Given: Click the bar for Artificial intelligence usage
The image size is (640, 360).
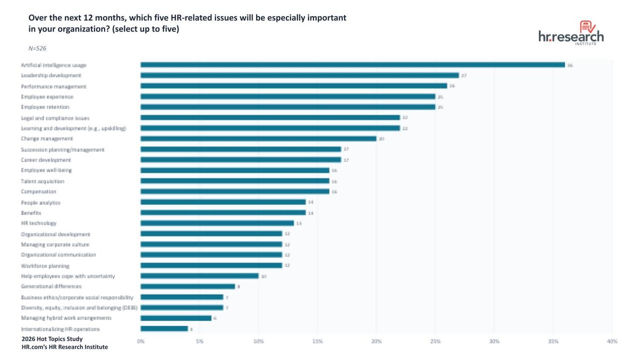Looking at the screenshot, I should click(x=353, y=65).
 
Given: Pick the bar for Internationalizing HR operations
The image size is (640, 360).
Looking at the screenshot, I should click(x=164, y=329).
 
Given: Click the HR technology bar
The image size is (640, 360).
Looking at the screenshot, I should click(x=217, y=223).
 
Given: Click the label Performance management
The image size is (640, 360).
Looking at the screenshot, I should click(x=53, y=86).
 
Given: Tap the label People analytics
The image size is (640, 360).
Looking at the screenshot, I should click(x=41, y=202).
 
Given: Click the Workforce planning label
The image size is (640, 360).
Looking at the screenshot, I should click(x=45, y=266).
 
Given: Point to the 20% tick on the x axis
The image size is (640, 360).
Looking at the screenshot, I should click(x=377, y=341).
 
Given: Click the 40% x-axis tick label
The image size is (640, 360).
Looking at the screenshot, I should click(x=612, y=341).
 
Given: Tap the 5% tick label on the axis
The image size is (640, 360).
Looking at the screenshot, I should click(x=199, y=341).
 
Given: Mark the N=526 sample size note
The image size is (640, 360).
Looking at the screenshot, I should click(x=37, y=48).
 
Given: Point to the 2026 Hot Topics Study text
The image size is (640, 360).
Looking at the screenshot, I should click(x=52, y=339).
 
